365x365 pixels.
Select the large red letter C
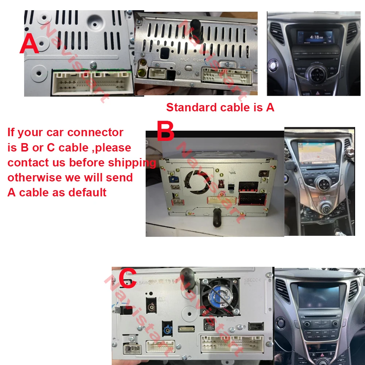(127, 278)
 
